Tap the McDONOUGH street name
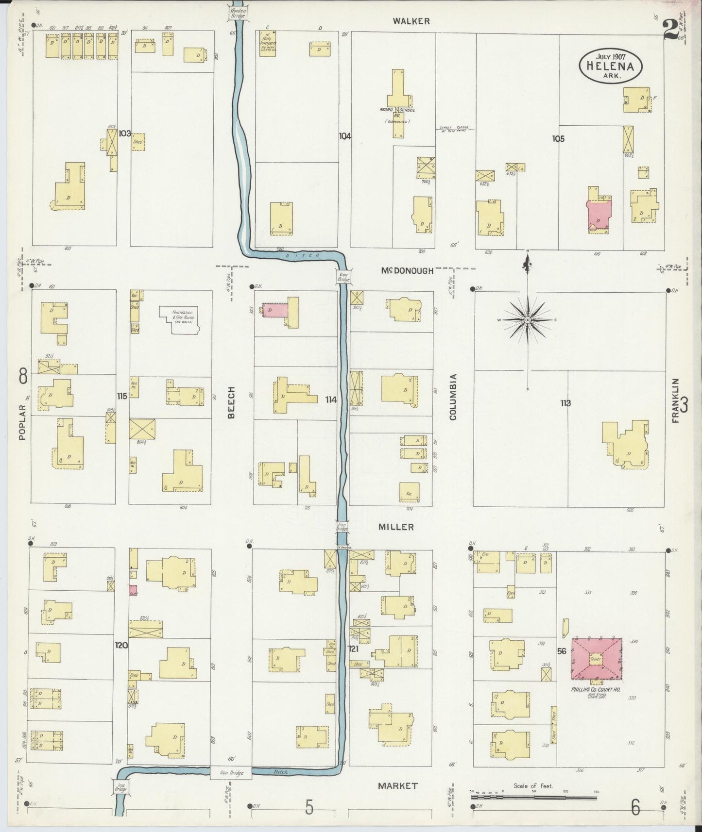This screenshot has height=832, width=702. (407, 271)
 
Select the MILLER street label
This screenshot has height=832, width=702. (397, 527)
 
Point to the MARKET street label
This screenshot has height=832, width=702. (398, 785)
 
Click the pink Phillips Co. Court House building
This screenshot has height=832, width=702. (596, 659)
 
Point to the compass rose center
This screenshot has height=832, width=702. (527, 320)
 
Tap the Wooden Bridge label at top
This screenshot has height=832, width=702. (238, 13)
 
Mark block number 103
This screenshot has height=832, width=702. (125, 133)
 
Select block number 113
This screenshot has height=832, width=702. (565, 403)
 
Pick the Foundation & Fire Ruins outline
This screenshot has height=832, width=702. (179, 319)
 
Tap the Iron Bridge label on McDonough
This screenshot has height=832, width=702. (343, 277)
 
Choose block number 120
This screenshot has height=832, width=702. (121, 646)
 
